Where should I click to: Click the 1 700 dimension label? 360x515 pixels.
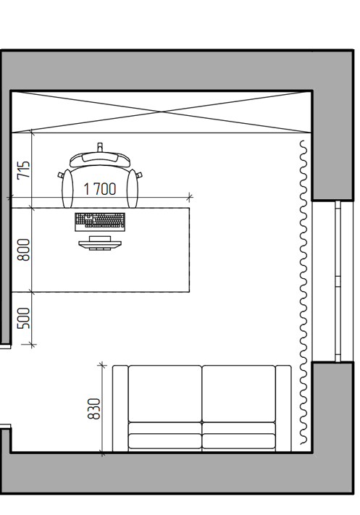pos(100,189)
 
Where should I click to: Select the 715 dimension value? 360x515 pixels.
pos(24,169)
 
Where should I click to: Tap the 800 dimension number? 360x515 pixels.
pos(24,250)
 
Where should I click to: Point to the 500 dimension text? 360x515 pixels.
pos(24,318)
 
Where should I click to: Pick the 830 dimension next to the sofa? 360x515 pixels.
pos(94,409)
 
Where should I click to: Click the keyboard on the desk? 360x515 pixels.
pos(100,222)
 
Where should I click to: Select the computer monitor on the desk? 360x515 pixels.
pos(100,243)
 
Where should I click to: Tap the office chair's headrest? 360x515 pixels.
pos(100,159)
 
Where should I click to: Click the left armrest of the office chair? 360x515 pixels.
pos(67,188)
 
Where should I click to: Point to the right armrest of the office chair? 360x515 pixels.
pos(133,188)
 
